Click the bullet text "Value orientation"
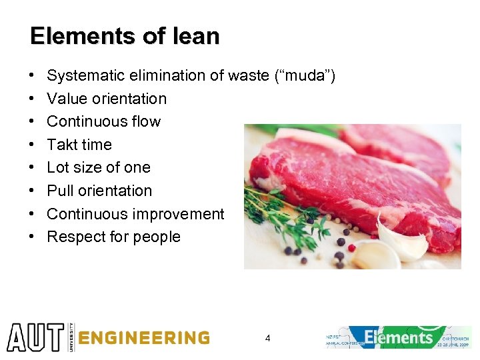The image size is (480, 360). click(x=107, y=99)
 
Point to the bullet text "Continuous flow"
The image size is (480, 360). click(x=103, y=121)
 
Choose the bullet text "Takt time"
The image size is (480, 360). click(x=79, y=145)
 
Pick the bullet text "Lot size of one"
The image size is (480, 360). click(x=99, y=167)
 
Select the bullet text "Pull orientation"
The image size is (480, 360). click(x=99, y=191)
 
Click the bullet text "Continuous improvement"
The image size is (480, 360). click(x=135, y=214)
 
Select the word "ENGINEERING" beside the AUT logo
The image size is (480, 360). click(x=143, y=338)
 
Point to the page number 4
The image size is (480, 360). click(x=267, y=339)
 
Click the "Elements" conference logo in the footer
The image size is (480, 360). click(x=399, y=337)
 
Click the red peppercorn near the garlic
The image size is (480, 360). click(x=352, y=247)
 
